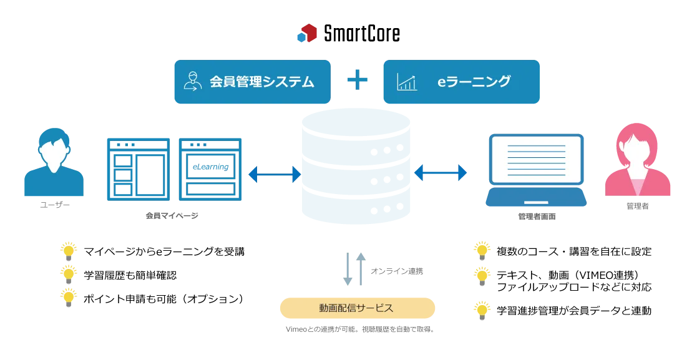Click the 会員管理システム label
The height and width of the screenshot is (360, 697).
tap(261, 82)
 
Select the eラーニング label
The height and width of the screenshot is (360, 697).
tap(474, 81)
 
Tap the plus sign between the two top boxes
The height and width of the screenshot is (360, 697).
tap(357, 81)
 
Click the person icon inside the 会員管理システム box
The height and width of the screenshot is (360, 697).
tap(193, 82)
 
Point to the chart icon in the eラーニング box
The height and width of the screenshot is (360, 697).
tap(407, 82)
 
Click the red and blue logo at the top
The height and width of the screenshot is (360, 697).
tap(306, 34)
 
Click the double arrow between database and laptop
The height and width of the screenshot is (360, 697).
tap(441, 173)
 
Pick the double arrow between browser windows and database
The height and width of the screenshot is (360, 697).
tap(275, 174)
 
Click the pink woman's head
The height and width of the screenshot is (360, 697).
tap(637, 145)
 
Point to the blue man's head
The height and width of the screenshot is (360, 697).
tap(54, 147)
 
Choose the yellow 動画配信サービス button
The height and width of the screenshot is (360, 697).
tap(357, 308)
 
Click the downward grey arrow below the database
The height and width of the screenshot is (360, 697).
tap(346, 270)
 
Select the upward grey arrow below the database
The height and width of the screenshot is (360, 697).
tap(361, 268)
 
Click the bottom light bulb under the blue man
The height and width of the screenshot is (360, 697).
tap(69, 296)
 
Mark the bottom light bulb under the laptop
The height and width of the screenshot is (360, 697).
tap(482, 308)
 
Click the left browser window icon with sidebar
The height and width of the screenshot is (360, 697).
tap(137, 169)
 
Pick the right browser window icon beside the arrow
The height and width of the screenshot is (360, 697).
tap(210, 169)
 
